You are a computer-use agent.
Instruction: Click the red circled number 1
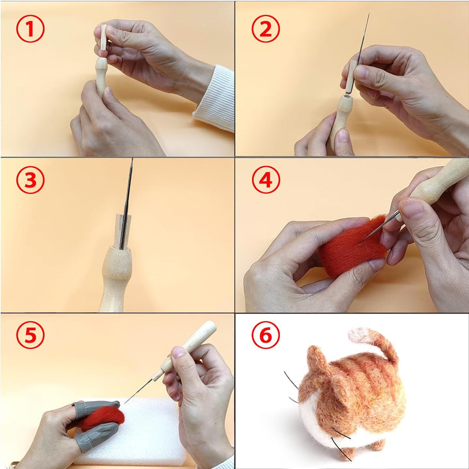point(30,29)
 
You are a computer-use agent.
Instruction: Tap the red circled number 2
point(266,29)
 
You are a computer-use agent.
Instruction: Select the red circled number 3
point(30,180)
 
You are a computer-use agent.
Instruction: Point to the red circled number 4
point(266,180)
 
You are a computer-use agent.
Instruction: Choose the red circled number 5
point(30,335)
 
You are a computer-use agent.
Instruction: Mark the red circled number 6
point(266,335)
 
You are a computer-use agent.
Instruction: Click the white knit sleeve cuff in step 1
point(215,99)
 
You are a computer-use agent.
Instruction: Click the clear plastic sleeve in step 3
point(123,231)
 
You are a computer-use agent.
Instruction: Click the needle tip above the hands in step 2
point(369,14)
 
